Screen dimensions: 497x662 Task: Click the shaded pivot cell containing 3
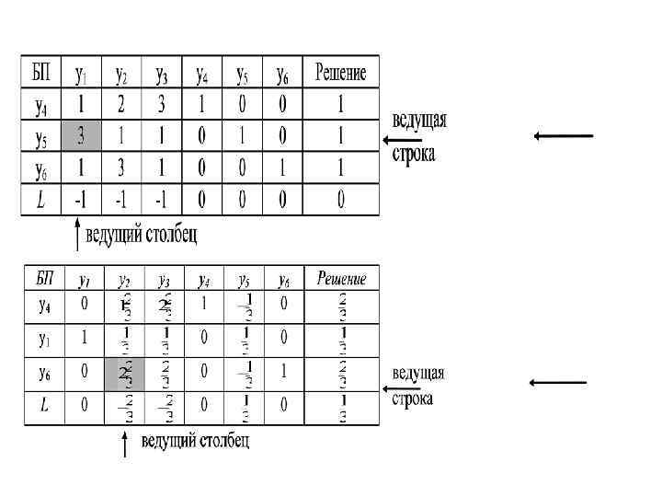point(82,138)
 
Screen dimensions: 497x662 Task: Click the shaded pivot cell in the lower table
point(123,374)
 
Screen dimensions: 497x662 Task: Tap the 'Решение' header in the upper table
point(341,73)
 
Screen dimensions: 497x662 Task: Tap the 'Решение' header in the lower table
point(341,277)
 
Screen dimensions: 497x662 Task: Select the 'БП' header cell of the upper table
point(40,73)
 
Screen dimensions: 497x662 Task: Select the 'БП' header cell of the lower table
point(42,277)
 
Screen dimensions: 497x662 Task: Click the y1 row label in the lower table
point(42,339)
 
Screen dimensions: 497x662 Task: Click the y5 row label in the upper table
point(40,138)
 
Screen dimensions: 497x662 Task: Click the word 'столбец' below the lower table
point(219,442)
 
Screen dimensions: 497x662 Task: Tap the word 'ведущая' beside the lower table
point(418,374)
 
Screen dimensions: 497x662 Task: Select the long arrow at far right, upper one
point(563,136)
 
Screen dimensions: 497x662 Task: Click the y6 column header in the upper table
point(284,73)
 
